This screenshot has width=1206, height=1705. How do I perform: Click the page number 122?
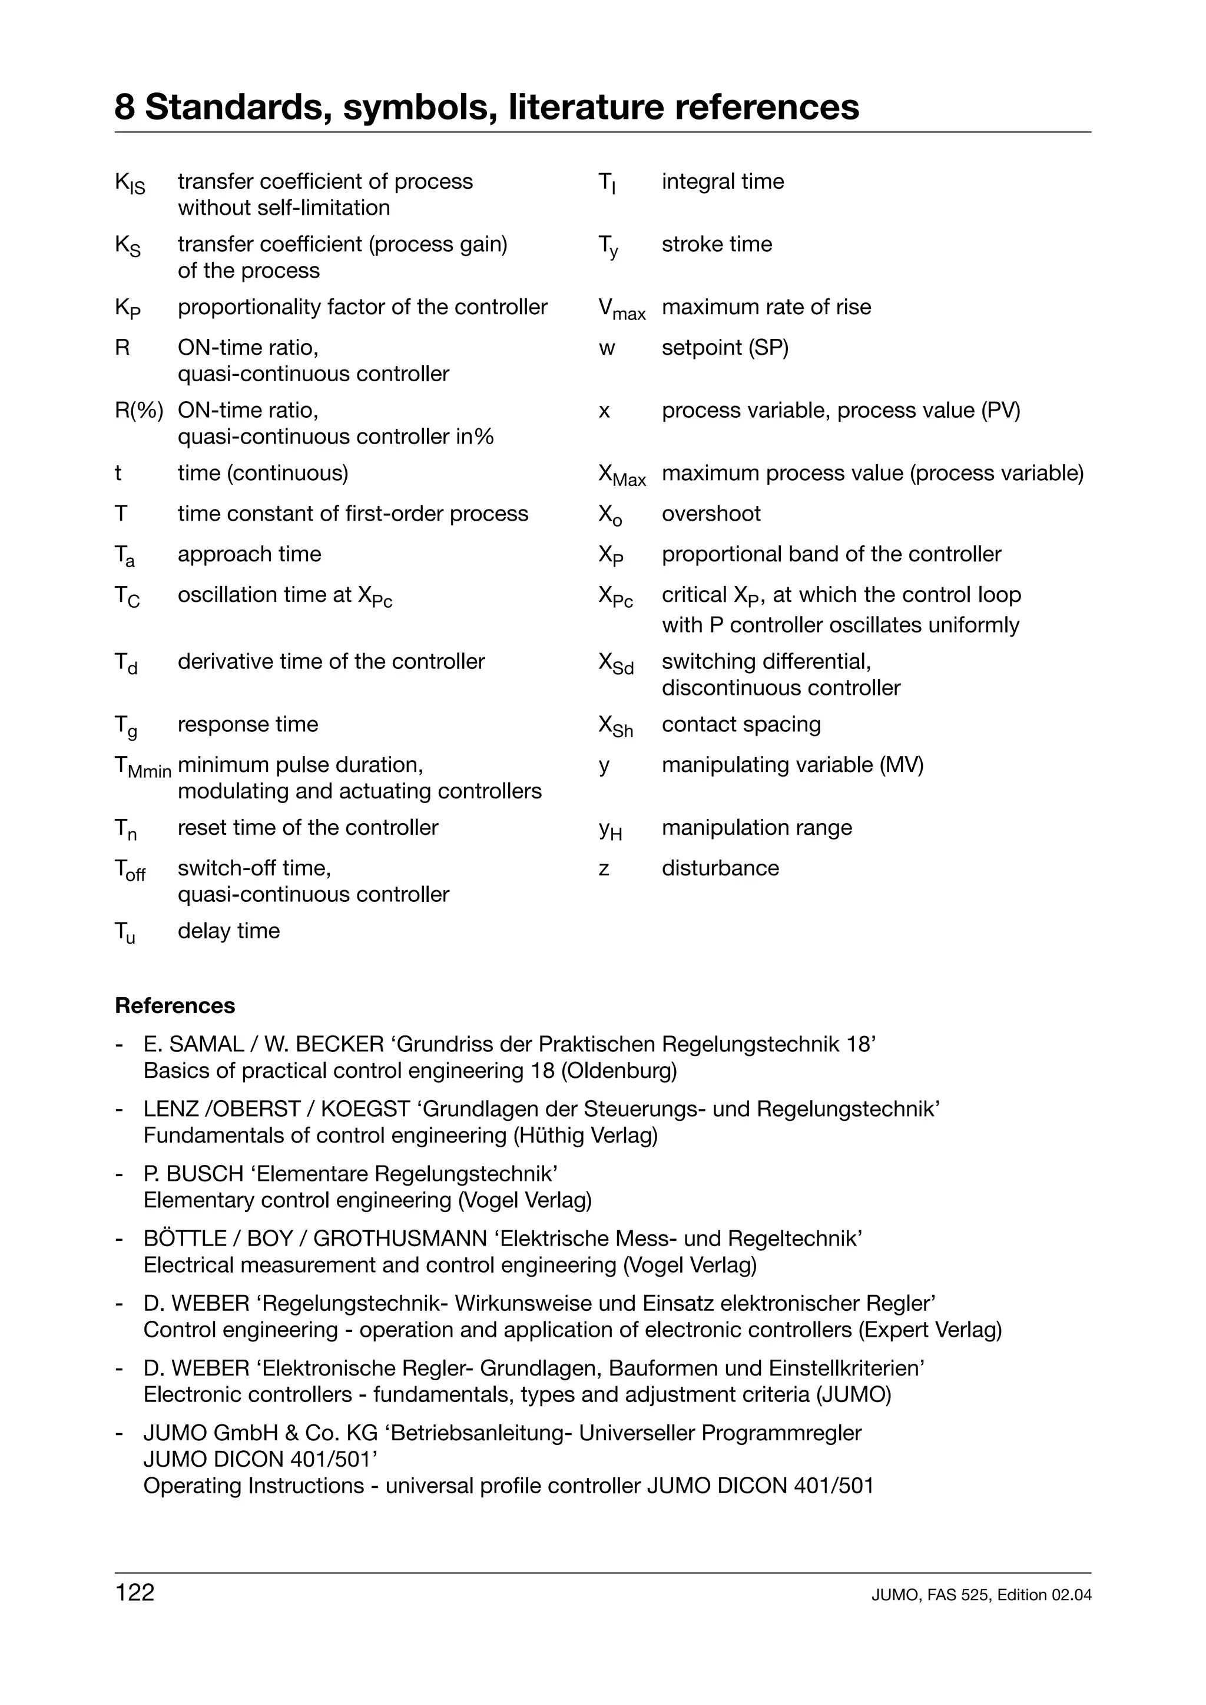(x=134, y=1593)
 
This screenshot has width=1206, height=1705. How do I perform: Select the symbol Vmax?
(x=621, y=309)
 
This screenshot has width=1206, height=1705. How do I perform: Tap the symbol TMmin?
(x=143, y=767)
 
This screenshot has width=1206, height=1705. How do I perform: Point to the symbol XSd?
(x=615, y=663)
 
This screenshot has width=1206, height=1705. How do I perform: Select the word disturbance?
(x=720, y=868)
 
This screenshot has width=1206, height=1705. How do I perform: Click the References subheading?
(x=175, y=1005)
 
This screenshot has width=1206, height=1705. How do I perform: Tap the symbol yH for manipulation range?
(x=610, y=830)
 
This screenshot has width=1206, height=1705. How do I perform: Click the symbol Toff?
(x=130, y=870)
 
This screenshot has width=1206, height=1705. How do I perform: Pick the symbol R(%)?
(x=138, y=411)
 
